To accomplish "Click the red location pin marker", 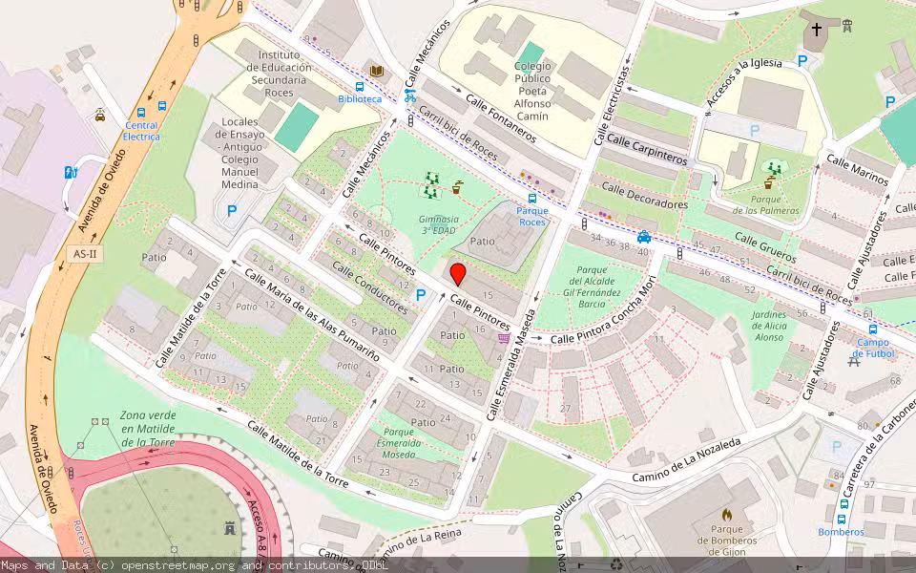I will coord(458,275).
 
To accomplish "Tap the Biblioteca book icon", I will coord(376,72).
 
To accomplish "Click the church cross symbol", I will coord(816,30).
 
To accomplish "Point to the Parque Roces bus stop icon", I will coord(531,198).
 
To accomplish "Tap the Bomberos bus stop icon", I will coord(843,504).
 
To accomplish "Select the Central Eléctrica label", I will coord(141,131).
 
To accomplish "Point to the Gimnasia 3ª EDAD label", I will coord(439,224).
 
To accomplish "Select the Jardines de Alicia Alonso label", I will coord(756,325).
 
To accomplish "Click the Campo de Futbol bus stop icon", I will coord(872,329).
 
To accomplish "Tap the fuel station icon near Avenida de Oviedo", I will coord(70,173).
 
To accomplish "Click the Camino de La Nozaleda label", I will coord(686,461).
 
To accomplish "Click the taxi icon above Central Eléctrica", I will coord(100,116).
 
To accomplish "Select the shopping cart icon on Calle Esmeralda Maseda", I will coord(504,337).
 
